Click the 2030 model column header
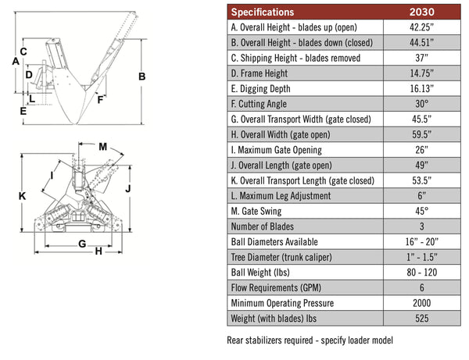(423, 12)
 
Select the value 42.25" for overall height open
(423, 27)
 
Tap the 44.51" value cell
(423, 42)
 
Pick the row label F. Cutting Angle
(259, 104)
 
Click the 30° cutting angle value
(423, 104)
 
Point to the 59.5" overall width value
(423, 134)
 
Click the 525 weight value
(423, 319)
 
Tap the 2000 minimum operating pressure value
(423, 303)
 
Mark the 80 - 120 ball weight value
(423, 273)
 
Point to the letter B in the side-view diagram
(142, 76)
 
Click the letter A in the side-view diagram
(16, 61)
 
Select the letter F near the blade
(99, 99)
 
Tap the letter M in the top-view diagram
(103, 146)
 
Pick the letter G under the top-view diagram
(81, 244)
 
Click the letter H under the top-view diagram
(98, 251)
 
